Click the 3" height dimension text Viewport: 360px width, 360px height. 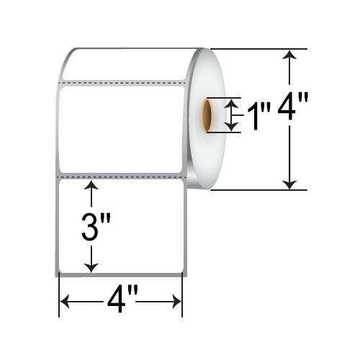pyautogui.click(x=96, y=227)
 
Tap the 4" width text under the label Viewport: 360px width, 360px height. pyautogui.click(x=122, y=300)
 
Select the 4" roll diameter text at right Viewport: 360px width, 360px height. pyautogui.click(x=292, y=106)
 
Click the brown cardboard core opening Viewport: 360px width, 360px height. pyautogui.click(x=207, y=115)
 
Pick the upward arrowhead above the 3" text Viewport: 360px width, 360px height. pyautogui.click(x=91, y=185)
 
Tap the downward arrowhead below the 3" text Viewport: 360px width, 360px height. pyautogui.click(x=91, y=268)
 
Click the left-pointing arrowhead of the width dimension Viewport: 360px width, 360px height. pyautogui.click(x=64, y=301)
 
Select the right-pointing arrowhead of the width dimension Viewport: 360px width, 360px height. pyautogui.click(x=177, y=302)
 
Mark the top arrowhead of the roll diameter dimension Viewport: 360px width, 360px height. pyautogui.click(x=289, y=54)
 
